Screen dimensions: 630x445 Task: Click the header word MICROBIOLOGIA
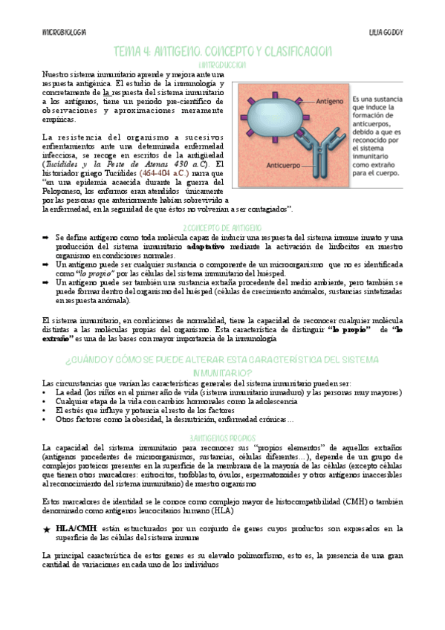click(65, 33)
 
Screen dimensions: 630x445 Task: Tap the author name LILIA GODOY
click(386, 33)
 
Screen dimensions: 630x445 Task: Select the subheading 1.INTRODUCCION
click(223, 65)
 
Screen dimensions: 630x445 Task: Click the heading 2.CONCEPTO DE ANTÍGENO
click(222, 226)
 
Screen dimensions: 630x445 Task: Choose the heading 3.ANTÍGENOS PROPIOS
click(223, 438)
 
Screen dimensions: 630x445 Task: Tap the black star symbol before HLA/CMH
click(47, 528)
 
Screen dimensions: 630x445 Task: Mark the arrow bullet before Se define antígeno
click(45, 236)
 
